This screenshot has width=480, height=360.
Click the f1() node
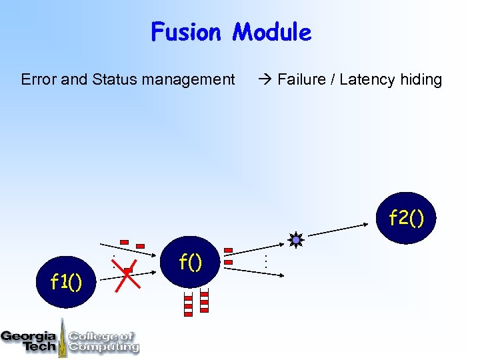[x=67, y=282]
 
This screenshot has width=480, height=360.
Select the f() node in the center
[x=191, y=261]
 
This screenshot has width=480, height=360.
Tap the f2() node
[x=406, y=217]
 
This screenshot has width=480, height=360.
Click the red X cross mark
[x=127, y=274]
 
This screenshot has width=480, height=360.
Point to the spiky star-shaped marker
[x=296, y=240]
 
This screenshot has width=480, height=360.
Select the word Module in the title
[x=271, y=32]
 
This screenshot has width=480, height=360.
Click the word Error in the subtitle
[x=39, y=80]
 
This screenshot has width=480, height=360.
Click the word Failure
[x=303, y=80]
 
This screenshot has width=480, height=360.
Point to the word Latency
[x=367, y=80]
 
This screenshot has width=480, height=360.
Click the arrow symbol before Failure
[x=265, y=80]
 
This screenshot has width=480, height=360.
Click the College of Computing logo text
[x=103, y=341]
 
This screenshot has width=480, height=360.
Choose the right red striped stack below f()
[x=204, y=301]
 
